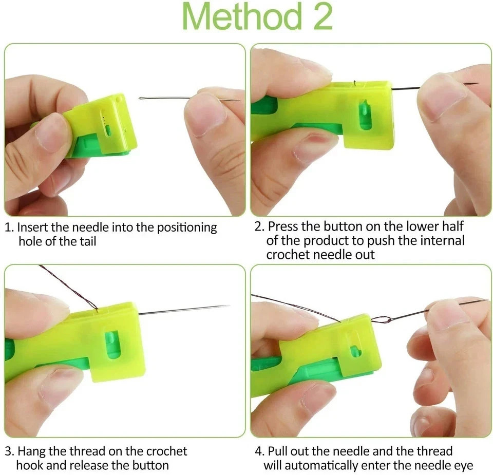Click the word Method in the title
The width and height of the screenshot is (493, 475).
click(241, 17)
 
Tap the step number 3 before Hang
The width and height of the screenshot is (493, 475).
click(9, 451)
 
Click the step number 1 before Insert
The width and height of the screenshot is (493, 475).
click(8, 227)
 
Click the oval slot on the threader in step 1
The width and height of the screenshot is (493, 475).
click(108, 129)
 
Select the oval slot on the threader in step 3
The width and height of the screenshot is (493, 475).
click(112, 344)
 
